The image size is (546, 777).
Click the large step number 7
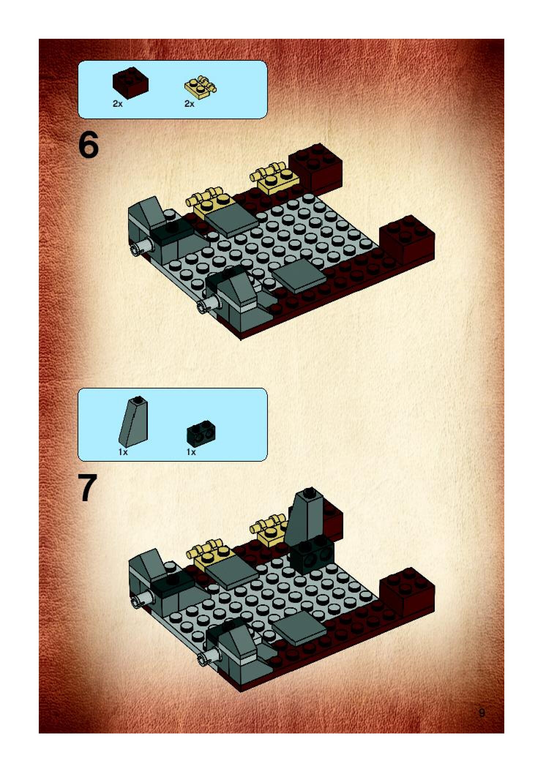(x=88, y=488)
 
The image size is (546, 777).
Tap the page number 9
(x=482, y=713)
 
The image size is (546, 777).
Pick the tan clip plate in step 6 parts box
(x=200, y=87)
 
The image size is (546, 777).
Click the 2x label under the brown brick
(x=117, y=104)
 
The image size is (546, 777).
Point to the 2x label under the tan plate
(x=189, y=104)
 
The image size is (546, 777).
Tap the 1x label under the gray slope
(x=123, y=453)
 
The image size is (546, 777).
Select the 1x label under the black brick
(x=191, y=453)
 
